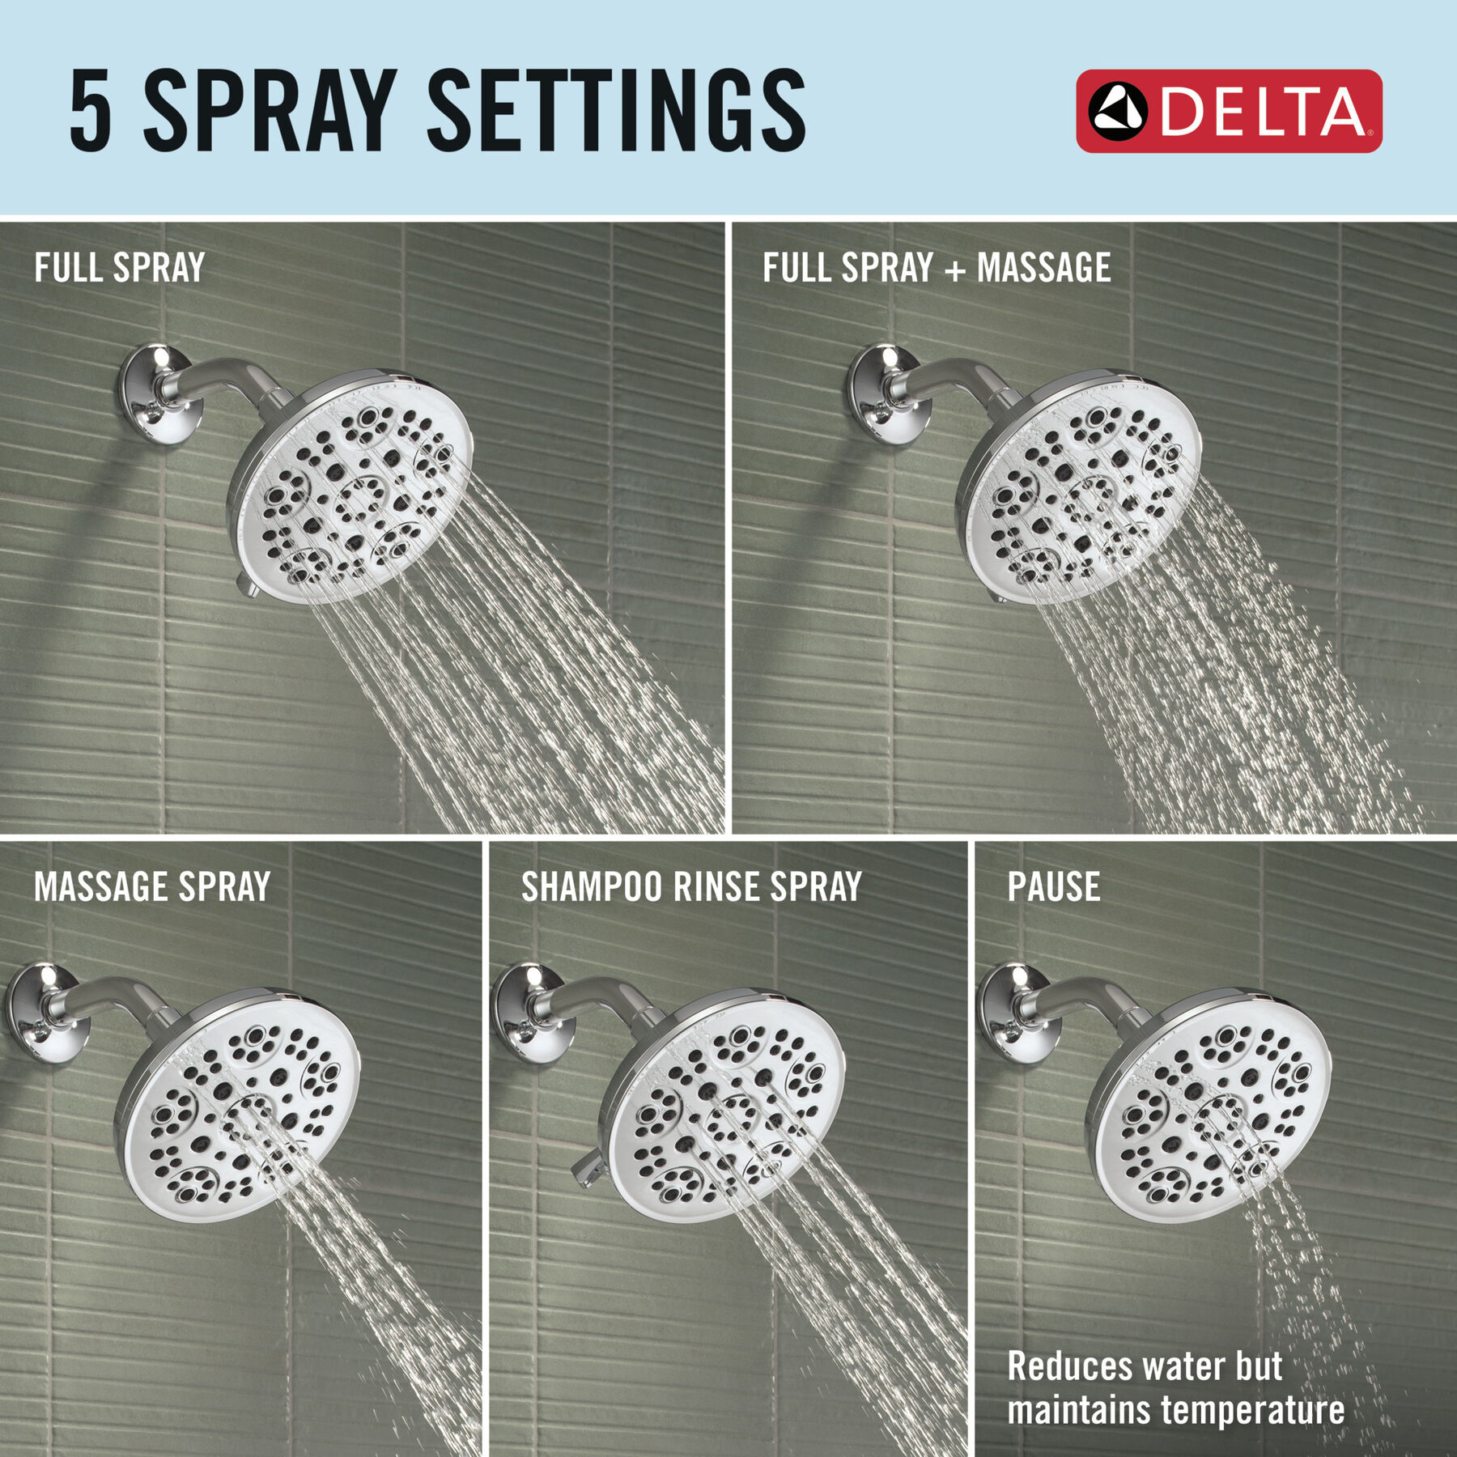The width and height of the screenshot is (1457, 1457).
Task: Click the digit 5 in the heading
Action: (90, 110)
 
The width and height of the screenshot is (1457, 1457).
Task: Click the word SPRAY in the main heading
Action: (270, 110)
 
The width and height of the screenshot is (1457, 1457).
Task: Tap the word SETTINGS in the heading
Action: (615, 110)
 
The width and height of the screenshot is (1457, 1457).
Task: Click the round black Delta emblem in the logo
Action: (1117, 111)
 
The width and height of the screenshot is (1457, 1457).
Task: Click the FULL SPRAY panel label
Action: (119, 268)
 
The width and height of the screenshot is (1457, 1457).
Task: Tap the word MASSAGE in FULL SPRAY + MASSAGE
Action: (1044, 268)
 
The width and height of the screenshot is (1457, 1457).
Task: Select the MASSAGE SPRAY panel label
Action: (152, 887)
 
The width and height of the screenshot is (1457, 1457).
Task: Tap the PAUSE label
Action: (1053, 887)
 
